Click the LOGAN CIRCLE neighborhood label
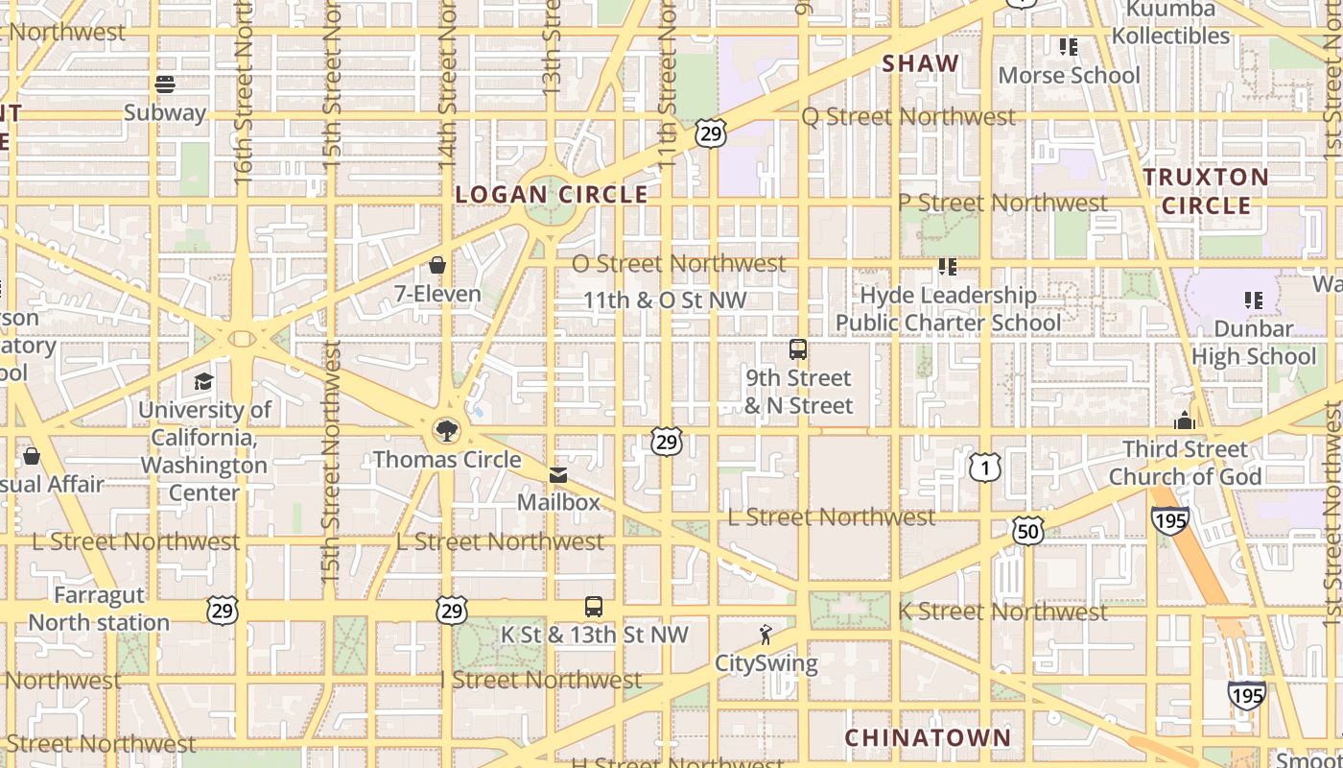552,194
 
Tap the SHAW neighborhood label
920,63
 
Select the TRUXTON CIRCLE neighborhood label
1206,191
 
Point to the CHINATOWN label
928,737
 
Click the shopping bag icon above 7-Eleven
437,265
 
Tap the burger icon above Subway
165,84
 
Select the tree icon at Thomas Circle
446,430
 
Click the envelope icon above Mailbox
558,474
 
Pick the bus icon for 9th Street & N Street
798,349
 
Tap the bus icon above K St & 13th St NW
594,607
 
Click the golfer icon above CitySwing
766,635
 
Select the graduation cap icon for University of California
203,382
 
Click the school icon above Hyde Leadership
948,266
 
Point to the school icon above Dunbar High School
1253,300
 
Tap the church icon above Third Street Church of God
1185,420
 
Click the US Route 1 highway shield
984,468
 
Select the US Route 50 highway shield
1026,529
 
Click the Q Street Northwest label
907,117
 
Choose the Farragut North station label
99,609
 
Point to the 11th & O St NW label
665,300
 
